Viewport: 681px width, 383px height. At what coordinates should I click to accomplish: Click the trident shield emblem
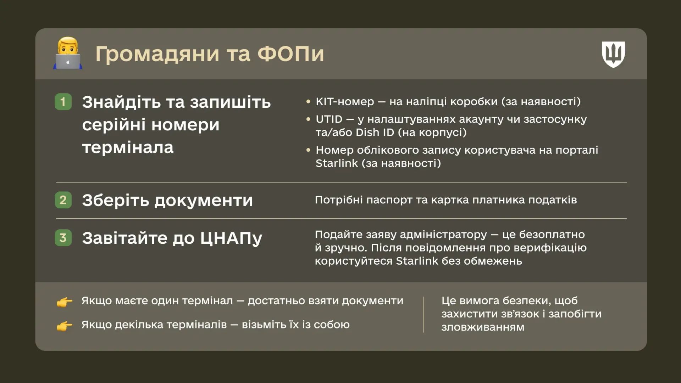[x=613, y=54]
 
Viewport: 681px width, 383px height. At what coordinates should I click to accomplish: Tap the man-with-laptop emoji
[x=68, y=53]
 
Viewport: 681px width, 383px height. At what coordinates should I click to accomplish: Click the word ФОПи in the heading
[x=290, y=54]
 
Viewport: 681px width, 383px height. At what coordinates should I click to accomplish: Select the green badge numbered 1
[x=63, y=102]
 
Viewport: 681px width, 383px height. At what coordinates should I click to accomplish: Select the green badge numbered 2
[x=63, y=200]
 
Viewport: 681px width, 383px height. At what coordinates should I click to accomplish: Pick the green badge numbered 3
[x=63, y=237]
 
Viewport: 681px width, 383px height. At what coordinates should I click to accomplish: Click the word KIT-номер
[x=345, y=102]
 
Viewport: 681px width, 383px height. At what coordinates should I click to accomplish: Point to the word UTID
[x=329, y=119]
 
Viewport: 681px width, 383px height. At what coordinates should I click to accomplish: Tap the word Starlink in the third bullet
[x=337, y=163]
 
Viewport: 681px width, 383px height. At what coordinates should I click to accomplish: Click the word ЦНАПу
[x=231, y=238]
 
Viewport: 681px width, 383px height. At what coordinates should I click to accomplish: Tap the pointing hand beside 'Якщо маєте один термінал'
[x=64, y=302]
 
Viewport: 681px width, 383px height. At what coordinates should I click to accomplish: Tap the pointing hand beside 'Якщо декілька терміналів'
[x=64, y=326]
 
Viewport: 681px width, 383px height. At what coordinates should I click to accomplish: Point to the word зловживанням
[x=483, y=327]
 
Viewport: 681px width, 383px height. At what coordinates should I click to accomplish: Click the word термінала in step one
[x=128, y=147]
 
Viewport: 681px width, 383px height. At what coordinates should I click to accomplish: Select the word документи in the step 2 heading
[x=204, y=201]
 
